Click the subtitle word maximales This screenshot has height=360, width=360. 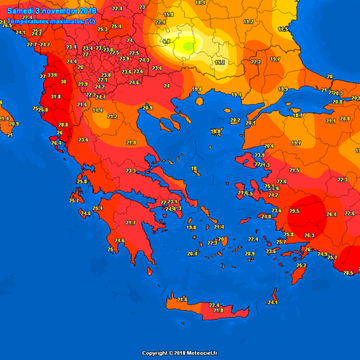point(67,21)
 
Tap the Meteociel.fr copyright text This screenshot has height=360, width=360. point(180,353)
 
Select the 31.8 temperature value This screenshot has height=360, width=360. point(56,96)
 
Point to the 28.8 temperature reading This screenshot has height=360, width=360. point(63,125)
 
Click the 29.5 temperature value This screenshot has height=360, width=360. point(294,211)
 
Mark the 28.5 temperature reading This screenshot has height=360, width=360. point(348,273)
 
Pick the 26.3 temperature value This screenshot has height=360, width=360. point(310,235)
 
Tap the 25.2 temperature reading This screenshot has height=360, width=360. point(301,265)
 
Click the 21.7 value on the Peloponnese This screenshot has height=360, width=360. point(131,223)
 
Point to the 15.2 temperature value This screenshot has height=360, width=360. point(220,62)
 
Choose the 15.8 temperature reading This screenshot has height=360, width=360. point(169,14)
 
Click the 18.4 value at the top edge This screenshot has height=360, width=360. point(200,3)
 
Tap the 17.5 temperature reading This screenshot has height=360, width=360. point(283,29)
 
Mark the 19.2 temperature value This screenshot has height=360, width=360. point(248,22)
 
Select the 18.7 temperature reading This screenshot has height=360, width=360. point(298,115)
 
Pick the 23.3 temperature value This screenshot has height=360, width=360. point(131,171)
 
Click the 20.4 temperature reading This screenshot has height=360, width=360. point(192,254)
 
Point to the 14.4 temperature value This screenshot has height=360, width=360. point(98,110)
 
